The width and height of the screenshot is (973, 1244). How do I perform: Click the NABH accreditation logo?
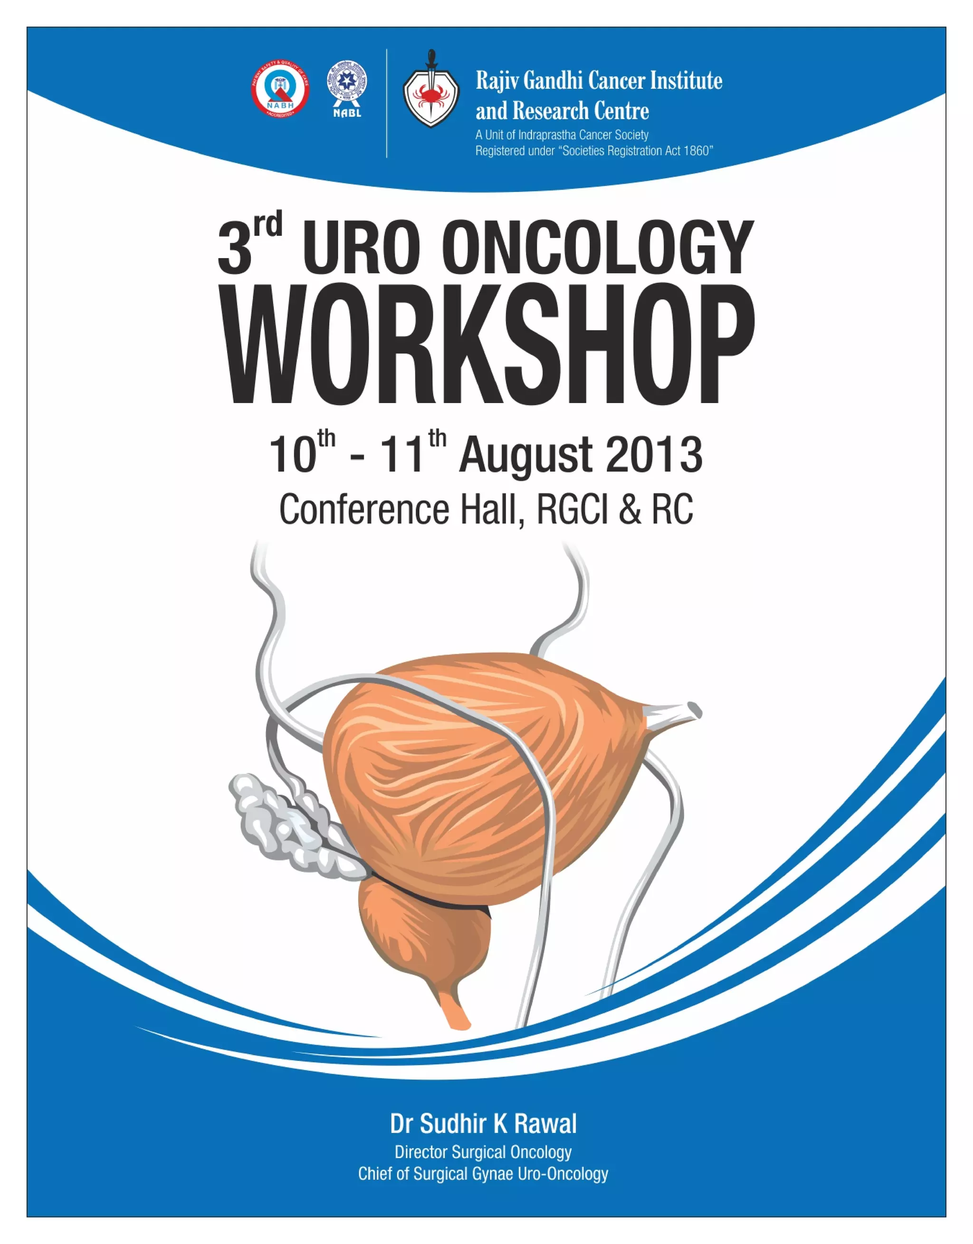280,89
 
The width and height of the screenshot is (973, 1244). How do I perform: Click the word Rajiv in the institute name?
497,81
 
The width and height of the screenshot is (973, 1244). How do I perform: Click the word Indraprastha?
539,135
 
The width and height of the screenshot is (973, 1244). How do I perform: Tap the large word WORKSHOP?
489,346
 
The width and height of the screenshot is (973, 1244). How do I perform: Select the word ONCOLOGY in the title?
598,249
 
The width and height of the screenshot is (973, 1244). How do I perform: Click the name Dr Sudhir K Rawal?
483,1123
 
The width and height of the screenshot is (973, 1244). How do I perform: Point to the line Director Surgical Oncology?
483,1152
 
